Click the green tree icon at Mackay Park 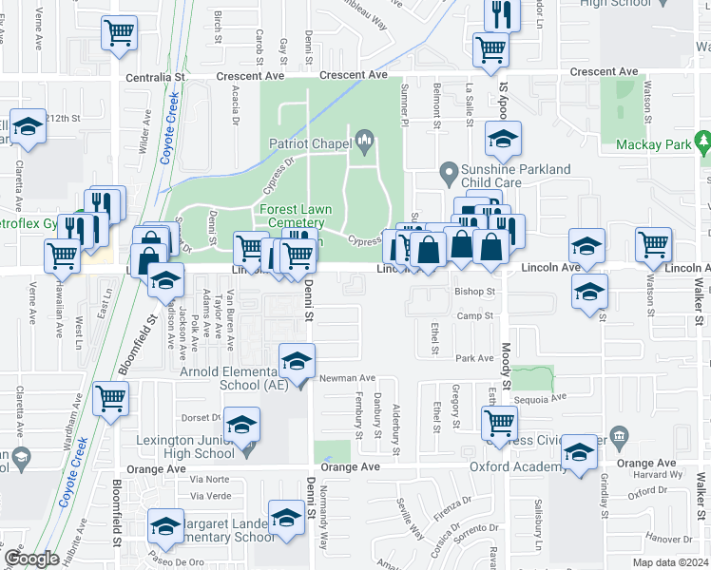point(703,144)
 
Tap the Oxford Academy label point(518,466)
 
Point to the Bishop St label point(476,292)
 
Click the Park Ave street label point(471,358)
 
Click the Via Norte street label point(210,480)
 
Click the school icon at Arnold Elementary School point(297,361)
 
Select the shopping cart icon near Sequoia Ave point(499,424)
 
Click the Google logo point(31,559)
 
